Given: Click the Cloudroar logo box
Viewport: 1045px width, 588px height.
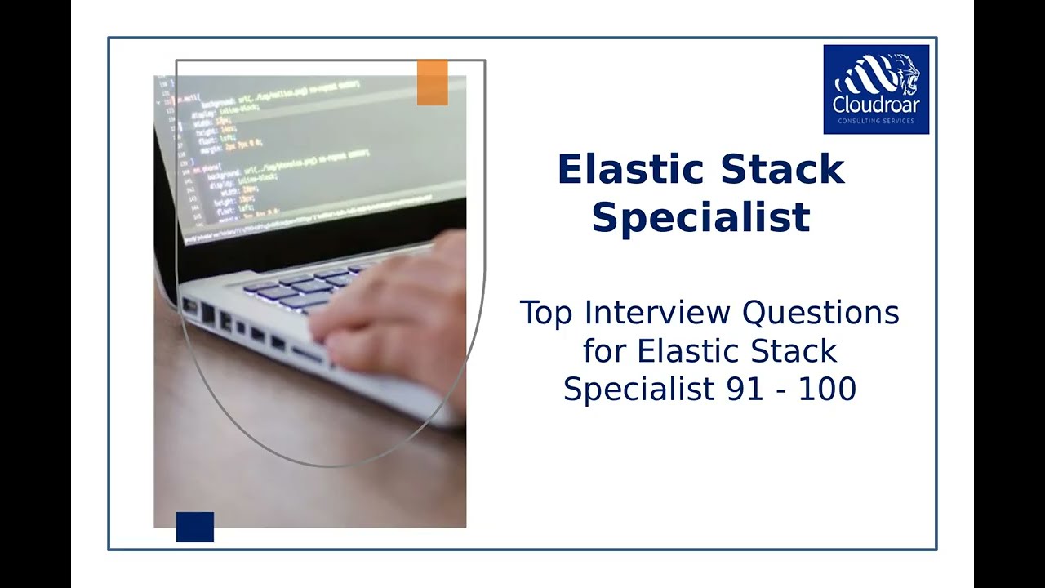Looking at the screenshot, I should point(876,89).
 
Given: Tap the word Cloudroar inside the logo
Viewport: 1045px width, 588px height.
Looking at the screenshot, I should point(876,105).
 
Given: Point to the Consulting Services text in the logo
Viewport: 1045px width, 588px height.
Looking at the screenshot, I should point(876,122).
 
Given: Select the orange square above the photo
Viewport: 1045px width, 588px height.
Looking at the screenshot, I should point(432,82).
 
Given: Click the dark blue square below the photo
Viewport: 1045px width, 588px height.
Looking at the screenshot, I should point(195,527).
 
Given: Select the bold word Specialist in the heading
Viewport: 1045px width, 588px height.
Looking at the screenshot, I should point(700,217).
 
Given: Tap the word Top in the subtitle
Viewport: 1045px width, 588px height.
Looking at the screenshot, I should point(546,313).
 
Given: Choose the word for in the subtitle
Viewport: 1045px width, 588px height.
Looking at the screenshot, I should point(605,351).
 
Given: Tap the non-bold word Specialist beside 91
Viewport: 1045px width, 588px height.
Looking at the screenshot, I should point(639,390).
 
